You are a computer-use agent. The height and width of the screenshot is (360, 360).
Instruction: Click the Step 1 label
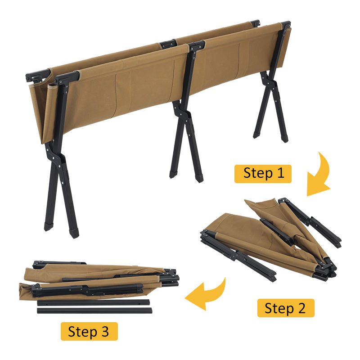263,174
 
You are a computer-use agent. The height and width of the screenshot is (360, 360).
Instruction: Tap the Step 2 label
286,308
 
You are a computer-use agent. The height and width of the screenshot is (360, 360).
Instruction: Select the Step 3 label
89,331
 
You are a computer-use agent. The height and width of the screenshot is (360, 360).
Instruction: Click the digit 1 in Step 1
281,173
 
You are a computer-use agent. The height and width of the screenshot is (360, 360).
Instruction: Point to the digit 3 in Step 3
105,331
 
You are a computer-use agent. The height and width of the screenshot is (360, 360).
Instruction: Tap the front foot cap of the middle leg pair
199,178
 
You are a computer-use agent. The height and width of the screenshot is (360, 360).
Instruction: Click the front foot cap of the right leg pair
285,139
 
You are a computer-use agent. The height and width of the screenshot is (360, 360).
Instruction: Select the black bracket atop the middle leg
196,45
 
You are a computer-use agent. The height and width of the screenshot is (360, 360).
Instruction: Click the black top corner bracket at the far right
286,24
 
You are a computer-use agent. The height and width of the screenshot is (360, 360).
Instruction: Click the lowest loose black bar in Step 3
94,310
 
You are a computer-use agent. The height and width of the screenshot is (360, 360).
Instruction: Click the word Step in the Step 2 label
279,308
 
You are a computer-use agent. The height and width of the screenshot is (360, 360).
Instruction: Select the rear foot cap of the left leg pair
48,226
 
